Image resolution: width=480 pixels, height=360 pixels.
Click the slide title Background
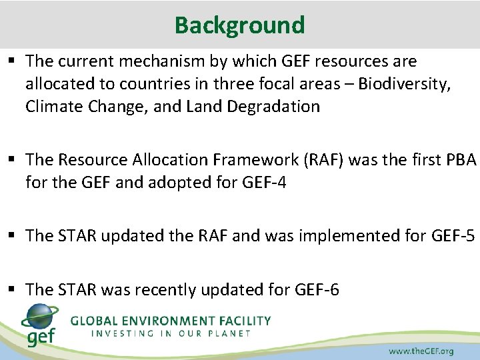tap(239, 25)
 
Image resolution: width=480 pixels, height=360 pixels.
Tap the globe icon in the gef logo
tap(40, 316)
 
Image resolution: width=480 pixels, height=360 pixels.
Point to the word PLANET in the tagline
tap(227, 333)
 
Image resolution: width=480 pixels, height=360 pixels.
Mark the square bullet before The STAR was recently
tap(13, 290)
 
